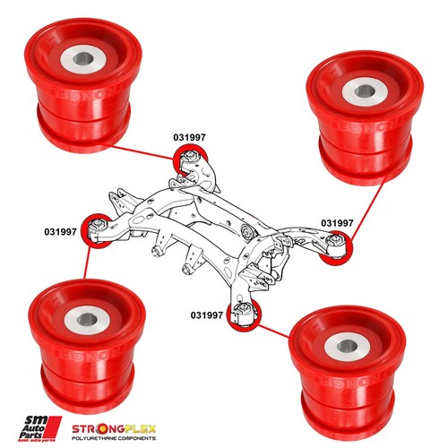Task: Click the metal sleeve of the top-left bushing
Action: click(82, 62)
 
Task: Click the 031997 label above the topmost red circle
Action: click(190, 137)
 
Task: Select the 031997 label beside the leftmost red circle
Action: click(61, 231)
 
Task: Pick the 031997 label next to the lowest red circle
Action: click(207, 314)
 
